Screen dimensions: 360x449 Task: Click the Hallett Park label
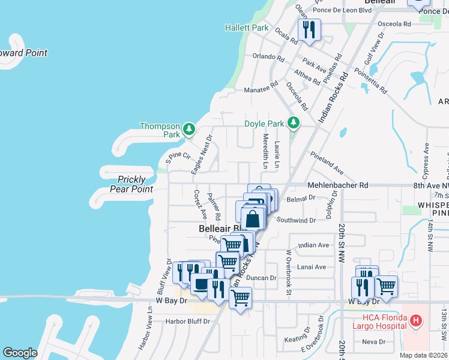click(247, 28)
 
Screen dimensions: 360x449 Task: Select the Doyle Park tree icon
click(293, 123)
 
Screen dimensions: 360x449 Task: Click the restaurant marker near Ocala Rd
click(309, 30)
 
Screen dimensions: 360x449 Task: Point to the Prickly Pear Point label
click(131, 184)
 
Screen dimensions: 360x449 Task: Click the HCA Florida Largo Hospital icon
click(415, 322)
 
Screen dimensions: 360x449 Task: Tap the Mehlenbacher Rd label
click(337, 185)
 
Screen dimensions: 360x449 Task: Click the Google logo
click(20, 353)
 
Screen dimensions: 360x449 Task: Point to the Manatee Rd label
click(261, 90)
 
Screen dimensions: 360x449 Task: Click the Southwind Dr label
click(296, 220)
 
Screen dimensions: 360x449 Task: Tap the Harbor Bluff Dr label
click(188, 322)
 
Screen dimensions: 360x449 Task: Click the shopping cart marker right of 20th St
click(386, 287)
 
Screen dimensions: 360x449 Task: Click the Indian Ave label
click(313, 245)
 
